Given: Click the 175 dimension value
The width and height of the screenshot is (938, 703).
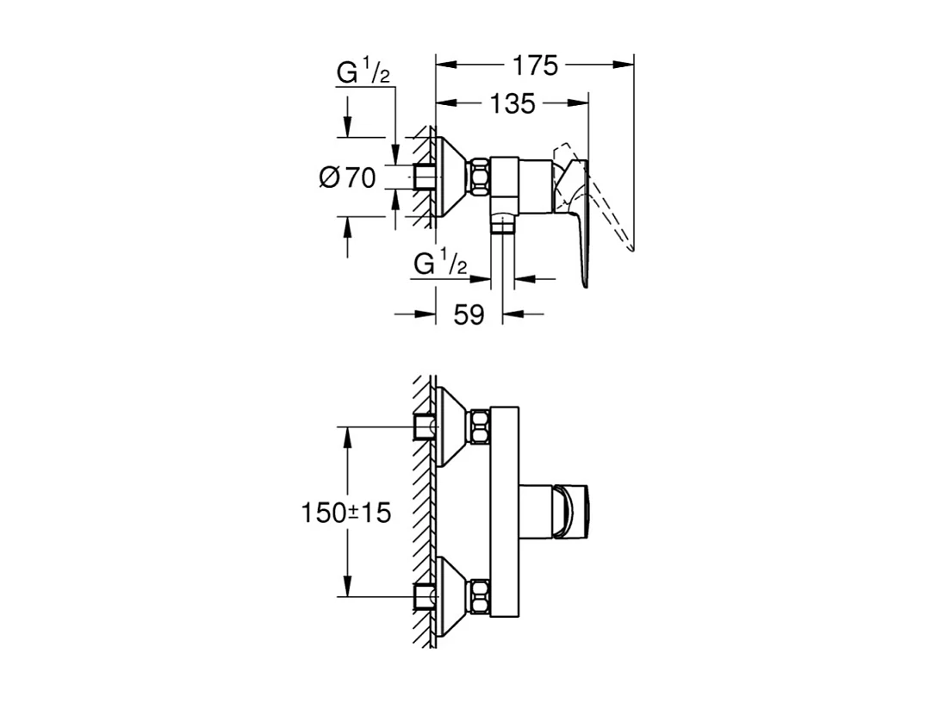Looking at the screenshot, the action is click(536, 65).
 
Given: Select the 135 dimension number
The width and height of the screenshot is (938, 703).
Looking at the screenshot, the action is click(512, 104).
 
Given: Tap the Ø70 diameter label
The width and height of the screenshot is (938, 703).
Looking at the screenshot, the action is click(348, 177).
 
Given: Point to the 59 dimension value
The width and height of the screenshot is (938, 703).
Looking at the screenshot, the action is click(469, 314).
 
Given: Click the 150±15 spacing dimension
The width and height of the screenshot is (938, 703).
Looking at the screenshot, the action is click(345, 513).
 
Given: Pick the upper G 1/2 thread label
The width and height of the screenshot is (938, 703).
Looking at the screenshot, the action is click(363, 72).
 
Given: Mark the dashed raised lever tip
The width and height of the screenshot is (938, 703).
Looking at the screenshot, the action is click(631, 248).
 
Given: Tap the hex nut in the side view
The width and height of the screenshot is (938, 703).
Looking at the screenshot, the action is click(481, 177).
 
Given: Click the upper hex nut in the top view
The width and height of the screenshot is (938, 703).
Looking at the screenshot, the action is click(481, 426).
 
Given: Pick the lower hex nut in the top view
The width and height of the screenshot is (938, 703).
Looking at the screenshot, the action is click(481, 596).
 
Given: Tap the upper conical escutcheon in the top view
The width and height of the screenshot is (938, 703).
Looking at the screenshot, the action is click(454, 426).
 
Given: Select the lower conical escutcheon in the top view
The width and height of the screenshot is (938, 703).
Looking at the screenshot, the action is click(454, 596).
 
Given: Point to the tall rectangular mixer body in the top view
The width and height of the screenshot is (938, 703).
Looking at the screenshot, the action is click(504, 512).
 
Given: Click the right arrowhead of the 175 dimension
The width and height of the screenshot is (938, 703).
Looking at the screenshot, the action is click(624, 65).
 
